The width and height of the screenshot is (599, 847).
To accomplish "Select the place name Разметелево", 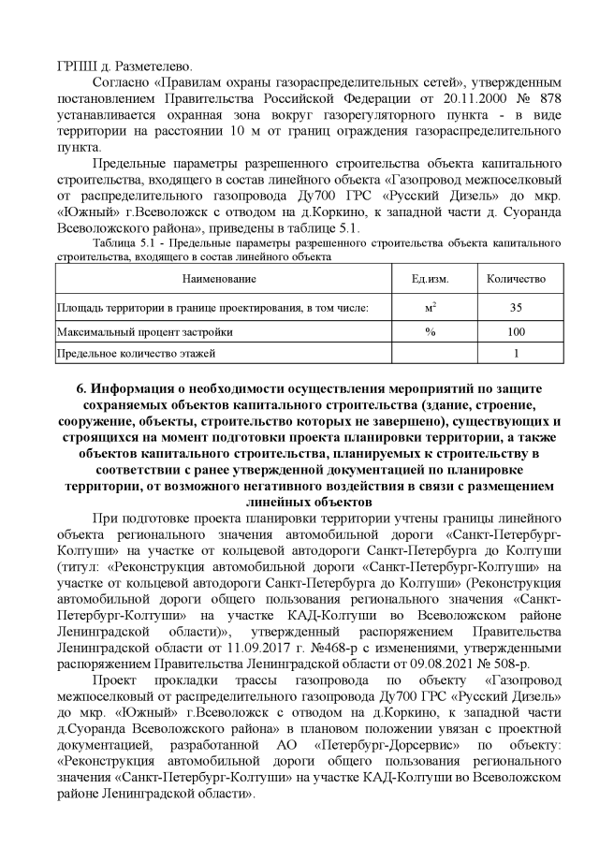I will (151, 66).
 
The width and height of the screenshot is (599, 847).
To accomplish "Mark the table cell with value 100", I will (516, 331).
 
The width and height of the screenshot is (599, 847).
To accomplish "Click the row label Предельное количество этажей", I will (137, 354).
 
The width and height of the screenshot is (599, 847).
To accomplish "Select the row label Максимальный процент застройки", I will (145, 331).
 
